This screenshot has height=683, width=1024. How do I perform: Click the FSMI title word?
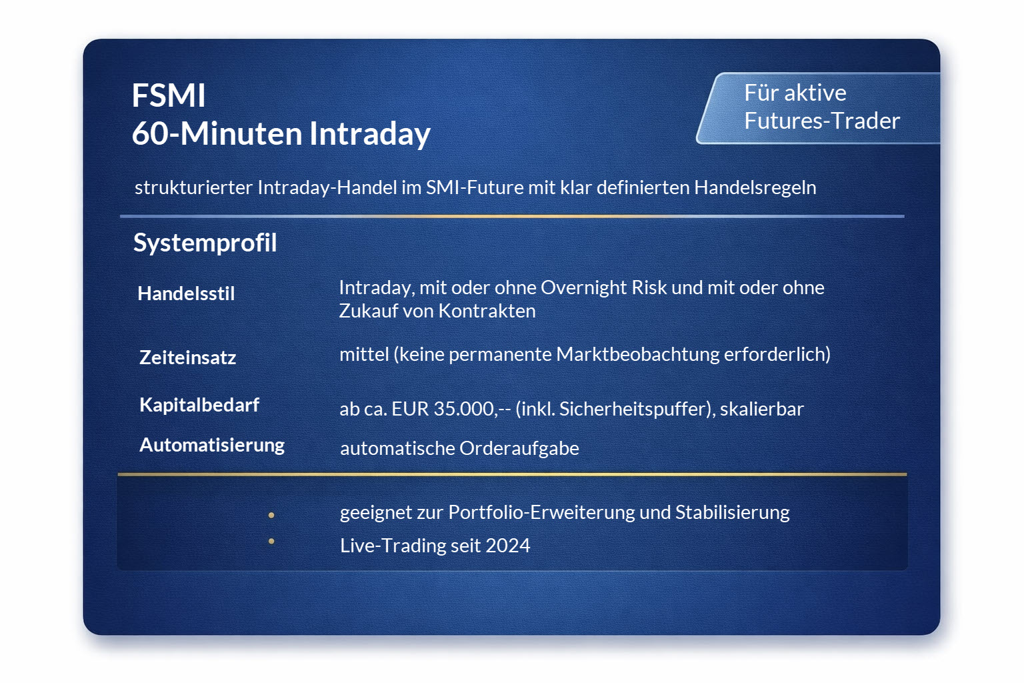pyautogui.click(x=169, y=95)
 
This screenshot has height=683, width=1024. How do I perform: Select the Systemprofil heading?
pyautogui.click(x=205, y=243)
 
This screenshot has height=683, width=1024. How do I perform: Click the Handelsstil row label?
pyautogui.click(x=186, y=293)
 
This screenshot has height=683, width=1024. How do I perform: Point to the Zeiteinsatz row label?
pyautogui.click(x=187, y=358)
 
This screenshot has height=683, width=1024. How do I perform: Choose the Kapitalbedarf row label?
pyautogui.click(x=199, y=405)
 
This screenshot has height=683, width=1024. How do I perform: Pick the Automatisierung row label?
pyautogui.click(x=212, y=445)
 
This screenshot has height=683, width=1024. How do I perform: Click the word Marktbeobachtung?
pyautogui.click(x=637, y=354)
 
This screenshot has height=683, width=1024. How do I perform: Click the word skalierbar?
pyautogui.click(x=761, y=408)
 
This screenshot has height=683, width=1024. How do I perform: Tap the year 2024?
pyautogui.click(x=507, y=546)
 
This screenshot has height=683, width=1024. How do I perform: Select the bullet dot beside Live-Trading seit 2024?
pyautogui.click(x=271, y=541)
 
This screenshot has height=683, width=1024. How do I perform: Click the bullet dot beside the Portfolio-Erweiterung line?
pyautogui.click(x=271, y=515)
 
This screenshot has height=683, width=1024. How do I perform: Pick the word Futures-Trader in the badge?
pyautogui.click(x=821, y=121)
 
